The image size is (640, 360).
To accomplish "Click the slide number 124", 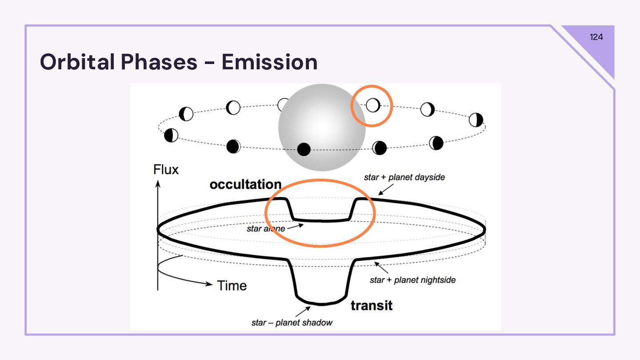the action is coord(596,37).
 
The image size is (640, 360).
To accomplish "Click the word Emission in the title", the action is coord(269,62).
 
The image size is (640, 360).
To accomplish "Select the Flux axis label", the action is coord(166,169).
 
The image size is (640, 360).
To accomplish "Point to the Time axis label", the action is coord(232,285).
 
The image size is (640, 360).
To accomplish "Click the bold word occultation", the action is coord(245,184).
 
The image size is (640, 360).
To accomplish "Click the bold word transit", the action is coord(372,305).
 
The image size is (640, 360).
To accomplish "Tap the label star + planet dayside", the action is coord(404,177).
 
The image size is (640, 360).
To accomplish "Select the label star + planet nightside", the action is coord(412,280).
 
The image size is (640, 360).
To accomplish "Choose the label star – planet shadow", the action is coord(292,323).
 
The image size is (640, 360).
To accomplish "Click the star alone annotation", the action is coord(266,229).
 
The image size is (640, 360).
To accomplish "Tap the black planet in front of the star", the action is coord(304,149).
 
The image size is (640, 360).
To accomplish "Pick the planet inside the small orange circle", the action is coord(373,105).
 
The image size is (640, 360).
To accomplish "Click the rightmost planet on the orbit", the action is coord(476,120).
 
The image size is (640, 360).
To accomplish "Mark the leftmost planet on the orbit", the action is coord(171,135).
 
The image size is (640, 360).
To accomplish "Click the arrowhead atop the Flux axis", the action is coord(158,184).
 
